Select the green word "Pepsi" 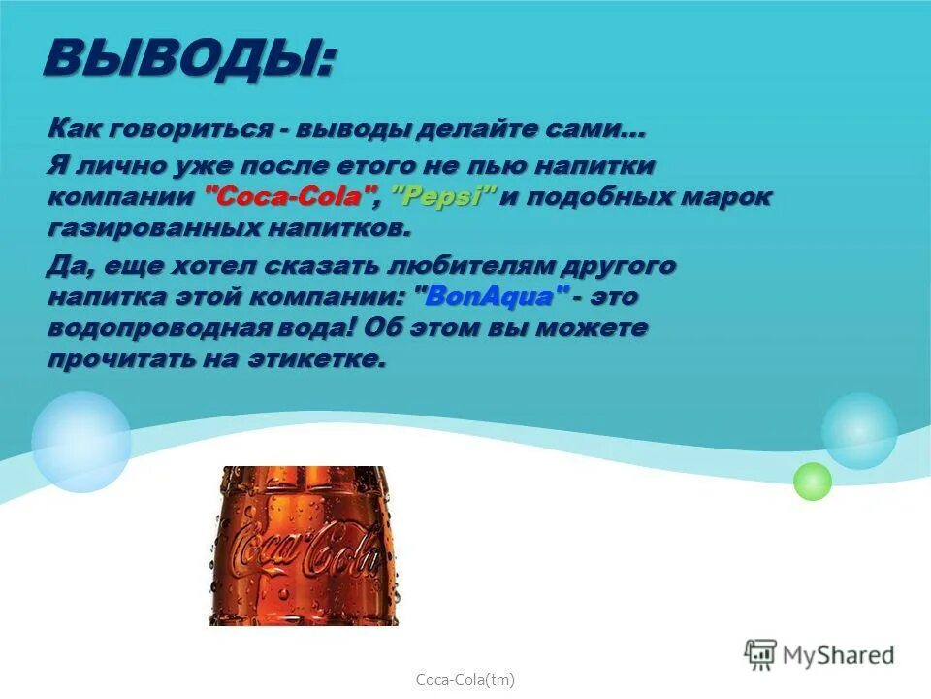point(443,197)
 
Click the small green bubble point(813,482)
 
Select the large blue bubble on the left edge point(80,442)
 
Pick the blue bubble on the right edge point(859,431)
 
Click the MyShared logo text point(840,655)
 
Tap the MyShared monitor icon point(761,655)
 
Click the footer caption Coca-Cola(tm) point(465,681)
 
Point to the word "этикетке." point(328,359)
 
